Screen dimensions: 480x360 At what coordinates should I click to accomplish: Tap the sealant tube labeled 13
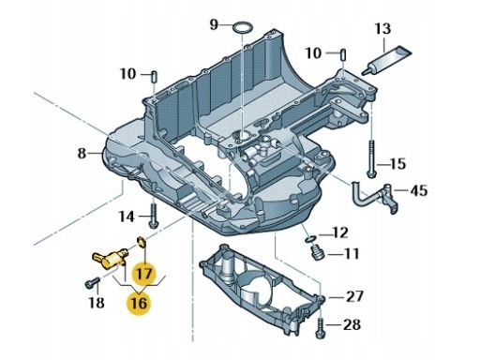click(387, 61)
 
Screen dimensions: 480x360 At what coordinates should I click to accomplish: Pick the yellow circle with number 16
click(139, 303)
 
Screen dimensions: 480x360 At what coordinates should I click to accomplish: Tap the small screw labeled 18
click(93, 282)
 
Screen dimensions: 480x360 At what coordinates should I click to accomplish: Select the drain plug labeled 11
click(317, 252)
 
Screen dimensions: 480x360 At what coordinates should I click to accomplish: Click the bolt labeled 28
click(321, 327)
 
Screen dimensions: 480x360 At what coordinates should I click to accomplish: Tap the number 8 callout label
click(82, 153)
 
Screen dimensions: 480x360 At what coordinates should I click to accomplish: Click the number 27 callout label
click(354, 296)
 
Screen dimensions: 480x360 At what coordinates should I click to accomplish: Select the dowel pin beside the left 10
click(155, 77)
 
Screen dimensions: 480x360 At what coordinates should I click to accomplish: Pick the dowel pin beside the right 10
click(343, 55)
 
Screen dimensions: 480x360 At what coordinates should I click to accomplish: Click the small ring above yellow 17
click(142, 242)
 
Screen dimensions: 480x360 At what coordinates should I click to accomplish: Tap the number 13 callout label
click(382, 28)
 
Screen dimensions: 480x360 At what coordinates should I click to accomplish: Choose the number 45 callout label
click(419, 190)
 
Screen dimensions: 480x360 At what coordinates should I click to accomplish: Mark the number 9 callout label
click(214, 24)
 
